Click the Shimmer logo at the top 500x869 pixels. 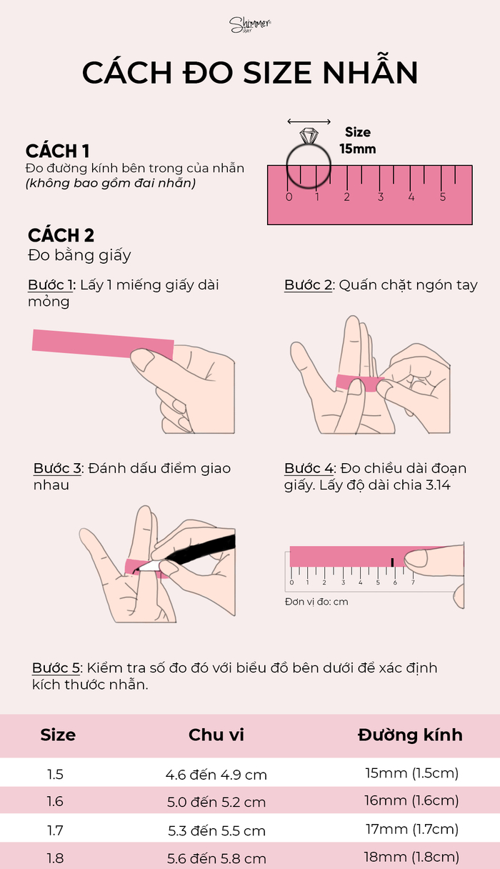(250, 25)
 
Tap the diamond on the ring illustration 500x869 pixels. (309, 136)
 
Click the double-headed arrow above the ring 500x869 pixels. (309, 121)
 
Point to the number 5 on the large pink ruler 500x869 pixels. (443, 197)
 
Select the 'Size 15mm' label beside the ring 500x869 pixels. (358, 141)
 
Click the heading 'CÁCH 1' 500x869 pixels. (57, 151)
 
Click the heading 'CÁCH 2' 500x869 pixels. (61, 235)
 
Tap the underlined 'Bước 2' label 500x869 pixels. (309, 285)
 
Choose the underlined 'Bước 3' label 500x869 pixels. (57, 469)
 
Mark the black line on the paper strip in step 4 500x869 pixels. (393, 562)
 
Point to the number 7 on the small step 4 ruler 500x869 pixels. (413, 582)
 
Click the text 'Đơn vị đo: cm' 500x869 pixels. (316, 602)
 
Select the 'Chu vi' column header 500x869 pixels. (216, 735)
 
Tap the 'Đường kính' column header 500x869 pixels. (410, 735)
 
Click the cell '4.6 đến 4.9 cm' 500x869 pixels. (216, 775)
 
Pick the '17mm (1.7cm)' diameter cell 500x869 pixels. (412, 829)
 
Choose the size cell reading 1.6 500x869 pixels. (55, 801)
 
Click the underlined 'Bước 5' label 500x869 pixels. (56, 668)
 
